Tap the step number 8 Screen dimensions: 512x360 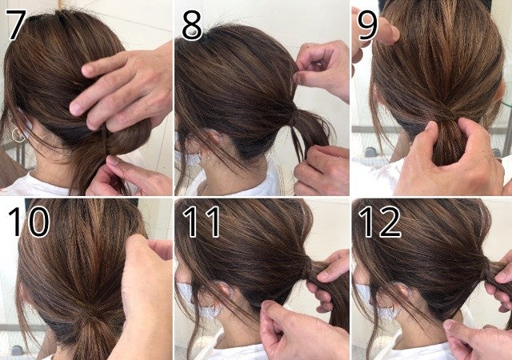192,25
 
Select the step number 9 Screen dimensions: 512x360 367,25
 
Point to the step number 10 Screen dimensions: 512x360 29,221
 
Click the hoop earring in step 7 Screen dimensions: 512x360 18,135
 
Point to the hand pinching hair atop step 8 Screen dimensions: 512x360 322,71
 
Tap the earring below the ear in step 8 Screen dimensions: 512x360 206,161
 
